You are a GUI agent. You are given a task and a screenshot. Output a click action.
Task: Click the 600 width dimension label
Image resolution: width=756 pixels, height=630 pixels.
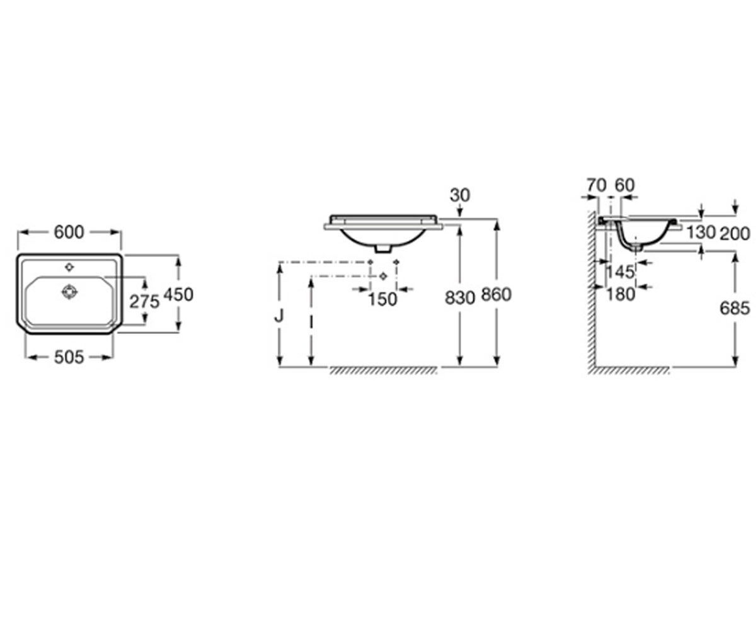coord(69,232)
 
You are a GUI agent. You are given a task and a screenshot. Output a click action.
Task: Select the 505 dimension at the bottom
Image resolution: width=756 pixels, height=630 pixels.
coord(69,357)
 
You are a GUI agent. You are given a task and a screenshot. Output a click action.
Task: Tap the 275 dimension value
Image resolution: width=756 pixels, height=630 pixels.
coord(144,302)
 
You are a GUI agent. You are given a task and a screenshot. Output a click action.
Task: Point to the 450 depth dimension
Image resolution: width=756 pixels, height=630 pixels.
coord(178,295)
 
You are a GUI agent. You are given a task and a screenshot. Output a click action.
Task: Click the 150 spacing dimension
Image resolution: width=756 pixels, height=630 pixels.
coord(382,300)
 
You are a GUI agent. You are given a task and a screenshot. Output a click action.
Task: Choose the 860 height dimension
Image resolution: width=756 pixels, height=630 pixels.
coord(496,295)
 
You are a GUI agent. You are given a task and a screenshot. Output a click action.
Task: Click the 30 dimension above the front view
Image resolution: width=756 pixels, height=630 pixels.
coord(460,195)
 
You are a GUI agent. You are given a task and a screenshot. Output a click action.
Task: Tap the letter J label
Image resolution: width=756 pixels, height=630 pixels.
coord(279,316)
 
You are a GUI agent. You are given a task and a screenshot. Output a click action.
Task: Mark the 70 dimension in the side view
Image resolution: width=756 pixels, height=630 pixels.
coord(597,185)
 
